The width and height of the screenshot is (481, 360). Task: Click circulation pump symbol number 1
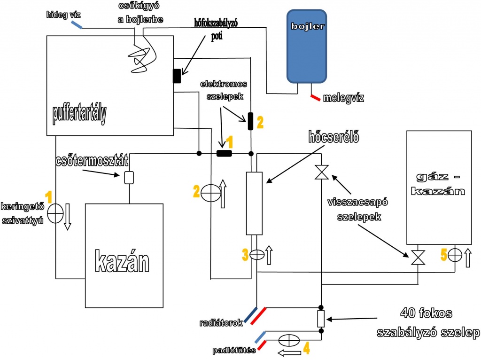click(55, 213)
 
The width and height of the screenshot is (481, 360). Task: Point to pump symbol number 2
click(209, 193)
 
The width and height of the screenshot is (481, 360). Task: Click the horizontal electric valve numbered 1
click(225, 153)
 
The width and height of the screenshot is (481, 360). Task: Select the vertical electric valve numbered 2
click(251, 121)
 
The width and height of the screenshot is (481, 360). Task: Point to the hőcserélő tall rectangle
click(254, 203)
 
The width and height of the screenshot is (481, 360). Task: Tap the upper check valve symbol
click(321, 172)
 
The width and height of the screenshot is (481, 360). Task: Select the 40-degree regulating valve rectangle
click(321, 319)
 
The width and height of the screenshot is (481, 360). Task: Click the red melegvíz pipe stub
click(315, 98)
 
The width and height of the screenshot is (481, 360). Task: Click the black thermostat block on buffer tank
click(177, 76)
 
